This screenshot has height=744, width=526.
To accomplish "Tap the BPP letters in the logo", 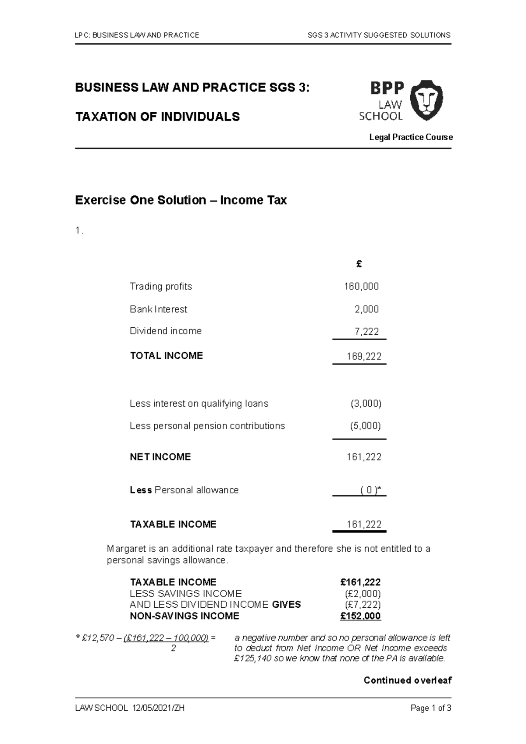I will (x=387, y=88).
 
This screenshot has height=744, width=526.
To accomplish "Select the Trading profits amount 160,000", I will (x=361, y=287).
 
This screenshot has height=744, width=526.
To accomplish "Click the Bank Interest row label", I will (x=158, y=309).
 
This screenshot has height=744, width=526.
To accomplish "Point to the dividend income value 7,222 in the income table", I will (x=366, y=331).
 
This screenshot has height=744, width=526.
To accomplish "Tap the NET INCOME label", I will (x=160, y=457).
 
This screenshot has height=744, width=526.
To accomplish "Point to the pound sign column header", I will (x=359, y=264).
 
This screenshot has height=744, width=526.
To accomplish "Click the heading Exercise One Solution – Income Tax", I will (x=181, y=200).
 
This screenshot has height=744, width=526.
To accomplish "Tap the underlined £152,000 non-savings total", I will (x=360, y=616).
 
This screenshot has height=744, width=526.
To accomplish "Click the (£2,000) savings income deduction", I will (x=363, y=594).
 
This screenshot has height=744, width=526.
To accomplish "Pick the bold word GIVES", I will (x=286, y=605).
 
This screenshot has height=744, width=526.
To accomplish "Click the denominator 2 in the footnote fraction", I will (x=173, y=648).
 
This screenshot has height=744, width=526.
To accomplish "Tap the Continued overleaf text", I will (x=407, y=680).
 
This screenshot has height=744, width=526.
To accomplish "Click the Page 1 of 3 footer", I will (x=430, y=709).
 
